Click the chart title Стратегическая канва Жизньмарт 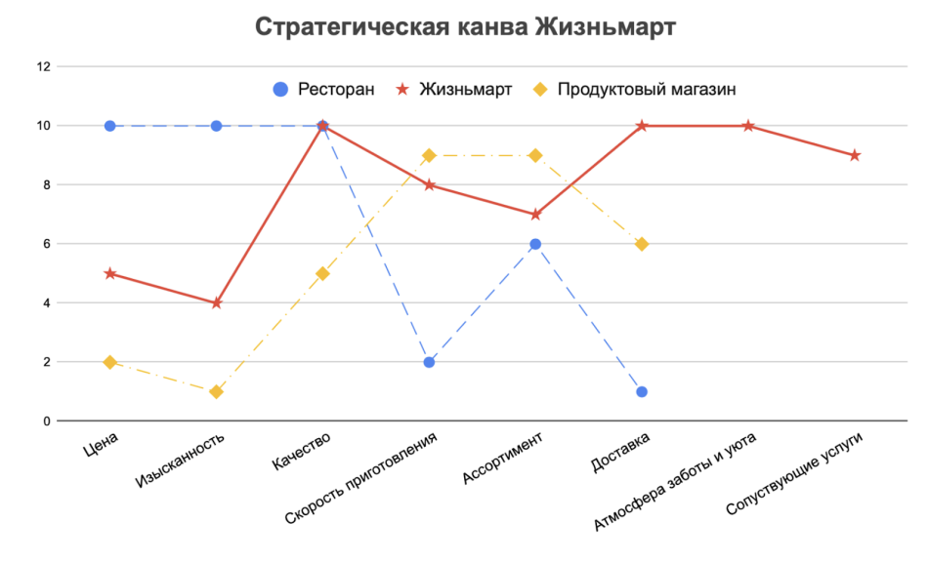click(464, 26)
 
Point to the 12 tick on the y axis click(42, 66)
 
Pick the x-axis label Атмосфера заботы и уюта click(678, 481)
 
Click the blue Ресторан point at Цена click(110, 126)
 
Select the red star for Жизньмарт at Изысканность click(217, 303)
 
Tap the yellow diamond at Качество click(322, 273)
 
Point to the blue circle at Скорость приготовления click(429, 362)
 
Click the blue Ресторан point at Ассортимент click(535, 244)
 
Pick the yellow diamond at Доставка click(642, 244)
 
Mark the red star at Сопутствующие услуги click(855, 155)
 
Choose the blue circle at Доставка click(642, 392)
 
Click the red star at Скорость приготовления click(429, 184)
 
